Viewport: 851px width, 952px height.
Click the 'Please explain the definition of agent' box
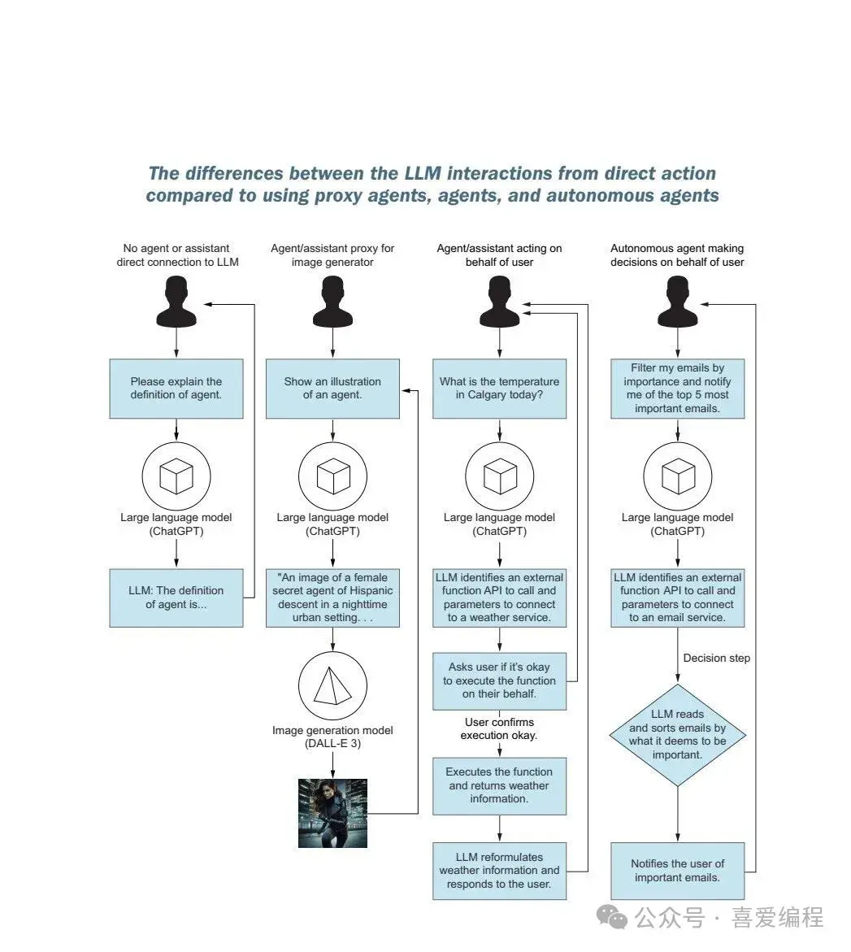(x=176, y=389)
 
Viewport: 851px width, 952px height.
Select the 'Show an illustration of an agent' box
(x=332, y=389)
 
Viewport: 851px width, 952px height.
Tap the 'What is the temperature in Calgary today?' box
(x=500, y=389)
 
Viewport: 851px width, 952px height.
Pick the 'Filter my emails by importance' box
(x=677, y=389)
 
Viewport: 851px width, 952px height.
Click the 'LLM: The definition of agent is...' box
(x=176, y=598)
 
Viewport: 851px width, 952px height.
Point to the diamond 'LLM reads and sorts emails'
(x=677, y=735)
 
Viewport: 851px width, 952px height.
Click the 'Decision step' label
(x=716, y=659)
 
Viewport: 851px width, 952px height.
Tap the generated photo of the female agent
(x=332, y=814)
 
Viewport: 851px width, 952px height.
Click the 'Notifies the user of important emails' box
(x=677, y=871)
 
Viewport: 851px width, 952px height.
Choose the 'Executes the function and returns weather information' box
(x=500, y=785)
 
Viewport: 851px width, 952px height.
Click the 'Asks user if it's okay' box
(x=500, y=680)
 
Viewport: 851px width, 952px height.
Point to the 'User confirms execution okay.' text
(x=500, y=728)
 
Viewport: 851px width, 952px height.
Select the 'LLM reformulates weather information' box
(x=500, y=871)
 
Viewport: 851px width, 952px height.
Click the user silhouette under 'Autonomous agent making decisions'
(x=677, y=301)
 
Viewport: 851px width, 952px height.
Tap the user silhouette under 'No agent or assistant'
(x=176, y=301)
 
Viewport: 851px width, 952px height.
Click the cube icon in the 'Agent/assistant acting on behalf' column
(x=500, y=476)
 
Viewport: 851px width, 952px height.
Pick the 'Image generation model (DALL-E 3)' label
(x=332, y=737)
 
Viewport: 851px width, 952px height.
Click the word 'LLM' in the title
(x=423, y=174)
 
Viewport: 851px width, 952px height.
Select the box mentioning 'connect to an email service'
(x=677, y=598)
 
